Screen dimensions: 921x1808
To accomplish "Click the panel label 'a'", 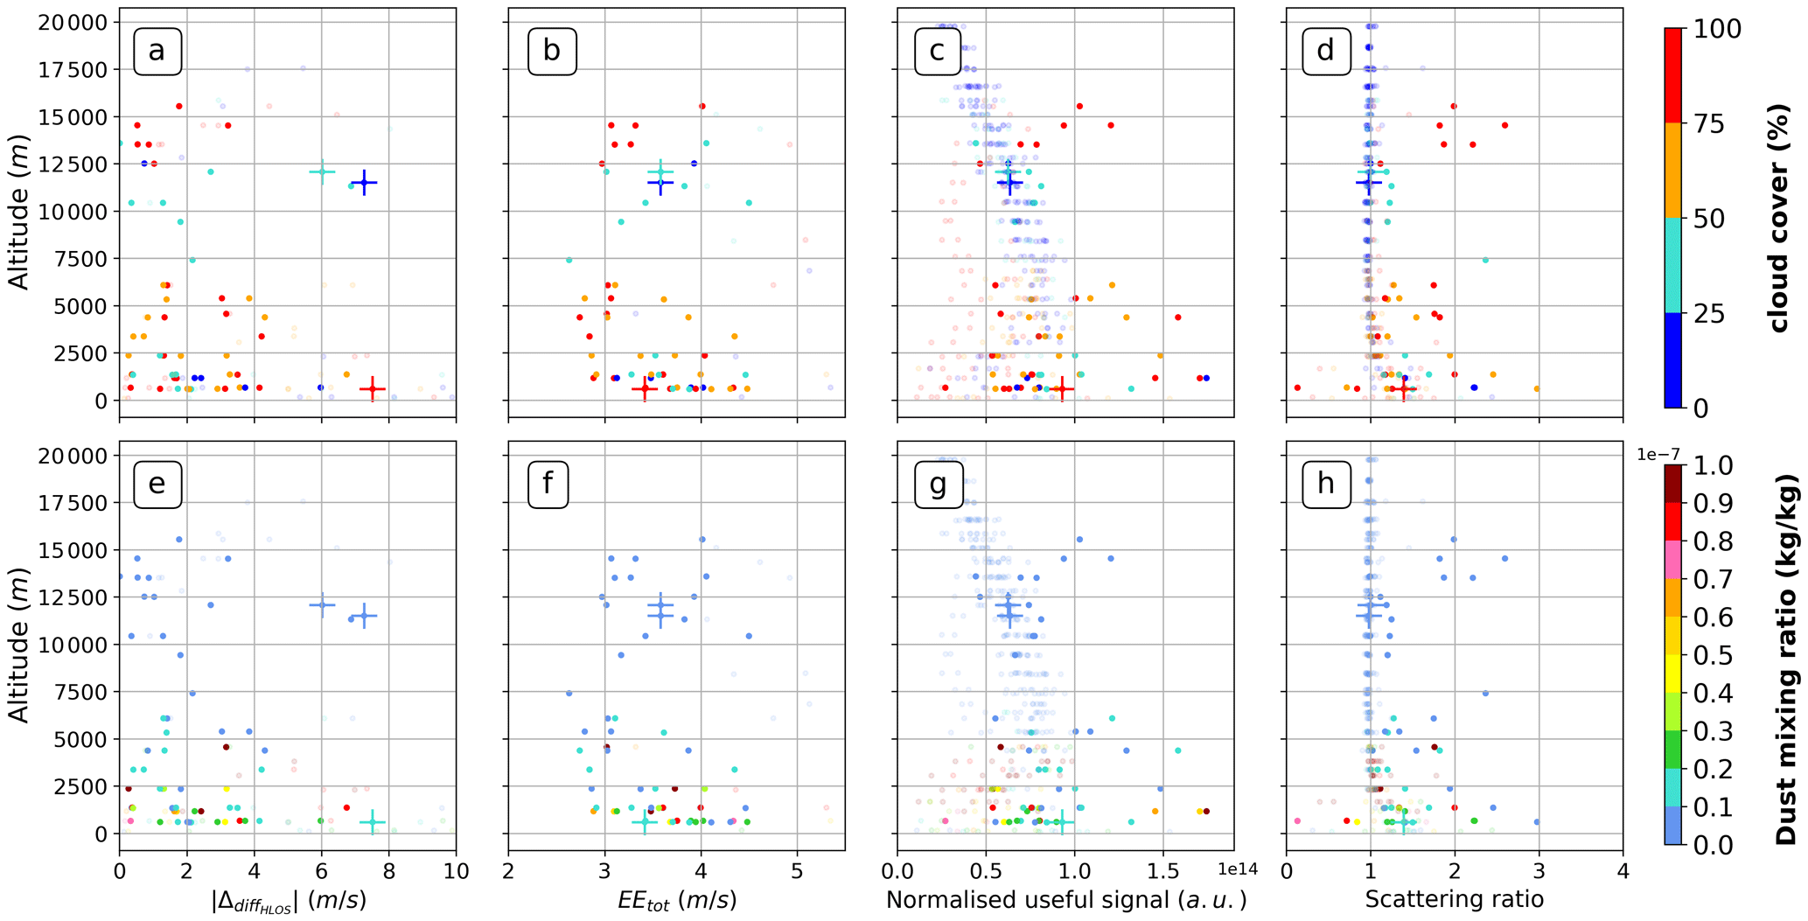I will [x=157, y=52].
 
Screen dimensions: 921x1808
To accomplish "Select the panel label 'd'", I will [x=1326, y=52].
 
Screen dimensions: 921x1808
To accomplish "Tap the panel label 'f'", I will [x=548, y=484].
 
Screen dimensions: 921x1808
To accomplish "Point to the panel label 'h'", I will [x=1326, y=484].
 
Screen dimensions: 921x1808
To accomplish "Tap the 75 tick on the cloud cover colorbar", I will [x=1701, y=124].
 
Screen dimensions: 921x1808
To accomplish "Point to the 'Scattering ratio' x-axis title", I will [x=1454, y=899].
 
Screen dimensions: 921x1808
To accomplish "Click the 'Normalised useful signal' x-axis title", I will [x=1065, y=899].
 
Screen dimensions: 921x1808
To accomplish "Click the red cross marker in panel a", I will [x=373, y=388].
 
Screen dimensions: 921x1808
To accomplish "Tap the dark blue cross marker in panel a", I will [x=364, y=182].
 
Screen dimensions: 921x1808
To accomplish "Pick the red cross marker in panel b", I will [x=645, y=388].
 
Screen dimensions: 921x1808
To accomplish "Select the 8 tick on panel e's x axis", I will [x=388, y=871].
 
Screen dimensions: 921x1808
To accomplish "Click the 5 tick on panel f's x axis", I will [x=797, y=871].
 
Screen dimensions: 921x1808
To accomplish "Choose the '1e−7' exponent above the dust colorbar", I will [x=1658, y=453].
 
